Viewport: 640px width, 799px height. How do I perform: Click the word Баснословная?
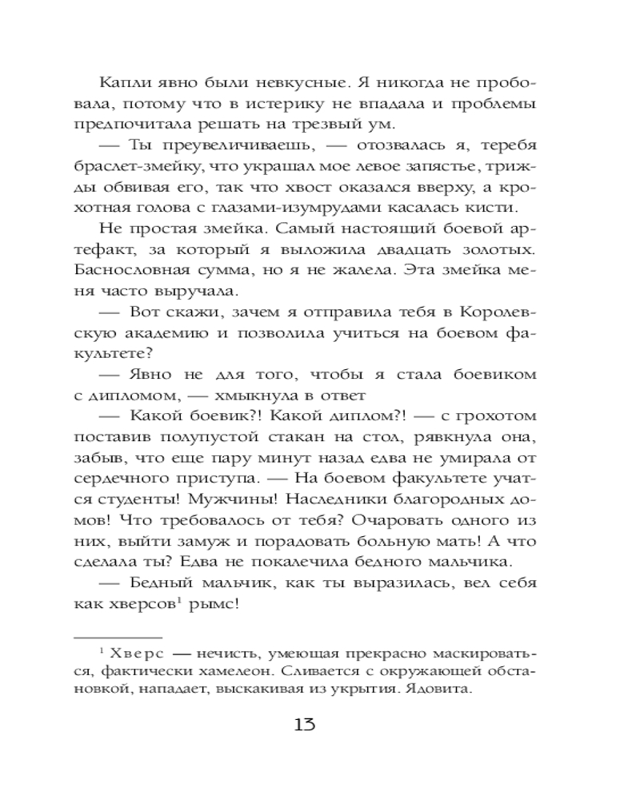(x=137, y=271)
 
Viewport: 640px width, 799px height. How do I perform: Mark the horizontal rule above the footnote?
(x=118, y=637)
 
